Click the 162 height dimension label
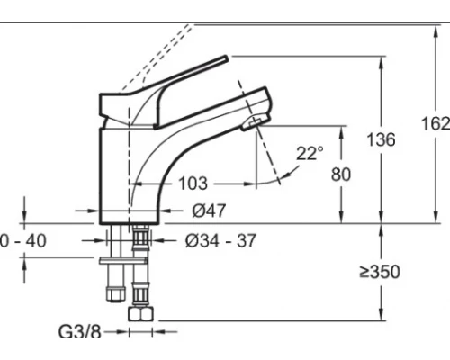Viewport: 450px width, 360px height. [x=436, y=123]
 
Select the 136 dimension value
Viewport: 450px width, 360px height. [x=382, y=139]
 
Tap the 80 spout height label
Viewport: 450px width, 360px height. [x=341, y=175]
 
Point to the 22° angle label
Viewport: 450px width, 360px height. [x=310, y=153]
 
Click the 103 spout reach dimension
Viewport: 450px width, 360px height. [x=193, y=184]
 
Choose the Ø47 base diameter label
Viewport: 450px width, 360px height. [x=209, y=211]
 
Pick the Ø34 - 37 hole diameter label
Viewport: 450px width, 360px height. [x=220, y=240]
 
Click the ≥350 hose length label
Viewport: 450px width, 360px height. [x=380, y=272]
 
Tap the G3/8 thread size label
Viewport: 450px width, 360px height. [x=80, y=331]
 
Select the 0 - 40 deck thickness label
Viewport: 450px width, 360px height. [x=23, y=240]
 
